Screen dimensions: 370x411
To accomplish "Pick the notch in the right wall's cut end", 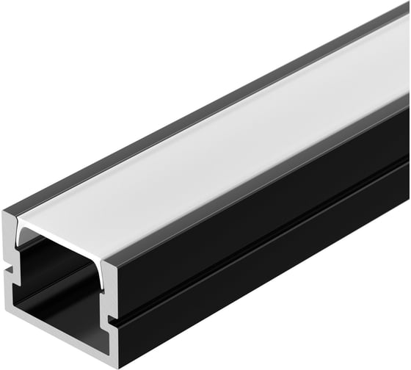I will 110,319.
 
